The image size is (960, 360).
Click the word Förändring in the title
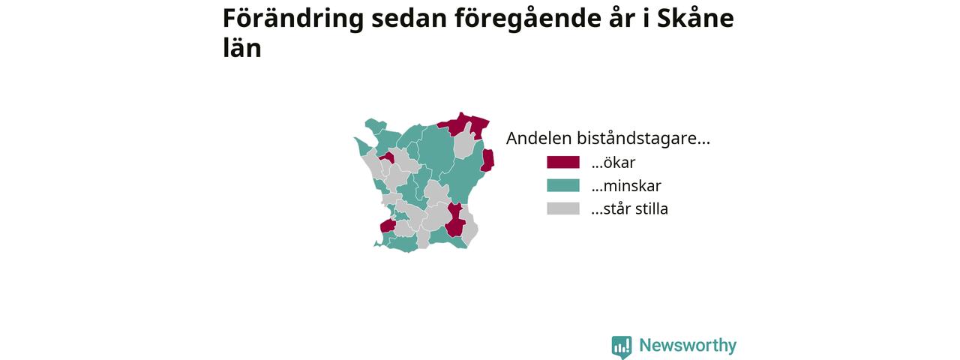tap(293, 19)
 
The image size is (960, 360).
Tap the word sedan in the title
tap(409, 19)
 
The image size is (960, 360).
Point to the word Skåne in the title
tap(695, 18)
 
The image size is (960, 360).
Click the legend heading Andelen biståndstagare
tap(607, 139)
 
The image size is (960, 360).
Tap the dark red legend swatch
tap(563, 163)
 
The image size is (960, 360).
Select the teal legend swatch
tap(563, 185)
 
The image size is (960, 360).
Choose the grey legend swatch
tap(563, 208)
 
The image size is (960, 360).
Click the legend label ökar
tap(613, 163)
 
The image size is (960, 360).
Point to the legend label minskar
tap(626, 185)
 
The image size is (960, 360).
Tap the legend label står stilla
tap(629, 208)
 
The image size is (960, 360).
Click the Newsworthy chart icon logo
tap(622, 346)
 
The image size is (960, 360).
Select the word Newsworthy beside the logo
tap(688, 345)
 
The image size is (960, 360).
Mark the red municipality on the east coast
tap(487, 160)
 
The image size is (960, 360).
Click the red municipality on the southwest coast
tap(388, 226)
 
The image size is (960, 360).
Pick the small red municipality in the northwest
tap(388, 157)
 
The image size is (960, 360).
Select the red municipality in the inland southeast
tap(455, 221)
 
